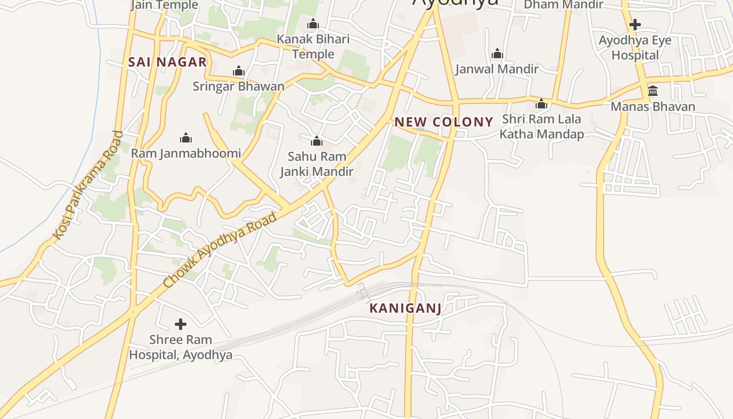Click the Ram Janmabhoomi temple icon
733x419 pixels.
click(185, 138)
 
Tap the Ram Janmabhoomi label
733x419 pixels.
click(186, 153)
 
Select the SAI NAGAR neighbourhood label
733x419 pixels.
click(168, 62)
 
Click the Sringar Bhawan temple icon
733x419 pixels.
click(239, 71)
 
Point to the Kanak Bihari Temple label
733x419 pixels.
click(313, 47)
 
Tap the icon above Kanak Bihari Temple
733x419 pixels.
click(313, 24)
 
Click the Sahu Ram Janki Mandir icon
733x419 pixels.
click(316, 140)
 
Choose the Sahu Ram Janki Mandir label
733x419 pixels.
click(317, 164)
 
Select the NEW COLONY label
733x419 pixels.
click(444, 123)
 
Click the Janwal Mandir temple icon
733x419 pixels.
click(497, 53)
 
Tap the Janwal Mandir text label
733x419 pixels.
click(497, 69)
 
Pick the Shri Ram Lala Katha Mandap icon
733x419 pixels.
click(541, 104)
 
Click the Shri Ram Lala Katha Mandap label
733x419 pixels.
click(541, 127)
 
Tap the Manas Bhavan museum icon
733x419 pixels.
click(653, 91)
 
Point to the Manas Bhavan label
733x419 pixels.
click(653, 107)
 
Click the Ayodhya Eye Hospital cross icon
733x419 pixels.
click(635, 24)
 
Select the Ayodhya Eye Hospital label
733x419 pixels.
click(635, 48)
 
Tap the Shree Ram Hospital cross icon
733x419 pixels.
click(181, 324)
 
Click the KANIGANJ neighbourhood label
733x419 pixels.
click(405, 308)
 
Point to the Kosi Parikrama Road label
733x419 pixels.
click(88, 186)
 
